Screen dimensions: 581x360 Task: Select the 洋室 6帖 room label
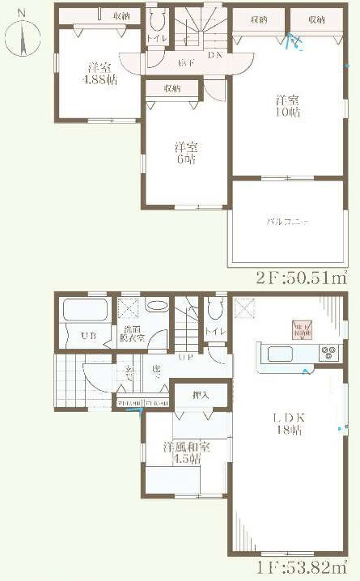(x=186, y=153)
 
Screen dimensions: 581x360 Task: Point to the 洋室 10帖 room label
(x=288, y=108)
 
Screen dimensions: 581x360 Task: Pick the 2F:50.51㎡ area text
(x=301, y=278)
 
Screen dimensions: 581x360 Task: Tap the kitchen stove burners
(x=329, y=352)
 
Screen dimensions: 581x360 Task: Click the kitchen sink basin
(x=280, y=354)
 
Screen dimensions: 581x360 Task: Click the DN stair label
(x=214, y=55)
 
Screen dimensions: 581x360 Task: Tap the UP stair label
(x=186, y=357)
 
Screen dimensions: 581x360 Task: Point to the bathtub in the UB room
(x=84, y=312)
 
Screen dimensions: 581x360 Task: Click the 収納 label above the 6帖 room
(x=171, y=88)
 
